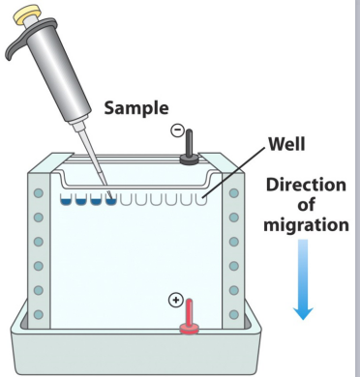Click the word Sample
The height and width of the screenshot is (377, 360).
click(136, 108)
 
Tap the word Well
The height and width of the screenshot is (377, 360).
click(286, 144)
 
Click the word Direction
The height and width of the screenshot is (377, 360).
click(306, 185)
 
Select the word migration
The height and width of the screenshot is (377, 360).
click(306, 225)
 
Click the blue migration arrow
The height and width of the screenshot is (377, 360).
click(303, 279)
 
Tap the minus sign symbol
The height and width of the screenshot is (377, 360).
click(177, 130)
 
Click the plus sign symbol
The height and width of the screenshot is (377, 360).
click(176, 301)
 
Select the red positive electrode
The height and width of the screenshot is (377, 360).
click(190, 317)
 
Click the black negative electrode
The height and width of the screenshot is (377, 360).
click(189, 148)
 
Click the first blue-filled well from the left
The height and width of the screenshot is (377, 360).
click(66, 199)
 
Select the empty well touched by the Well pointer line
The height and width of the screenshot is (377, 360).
click(201, 199)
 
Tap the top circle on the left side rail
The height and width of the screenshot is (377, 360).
click(39, 193)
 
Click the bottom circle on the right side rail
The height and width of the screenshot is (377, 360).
click(234, 314)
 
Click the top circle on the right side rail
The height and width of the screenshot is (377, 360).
click(234, 193)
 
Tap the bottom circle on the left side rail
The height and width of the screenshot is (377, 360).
click(39, 314)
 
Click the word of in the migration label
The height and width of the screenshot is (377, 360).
click(306, 205)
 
